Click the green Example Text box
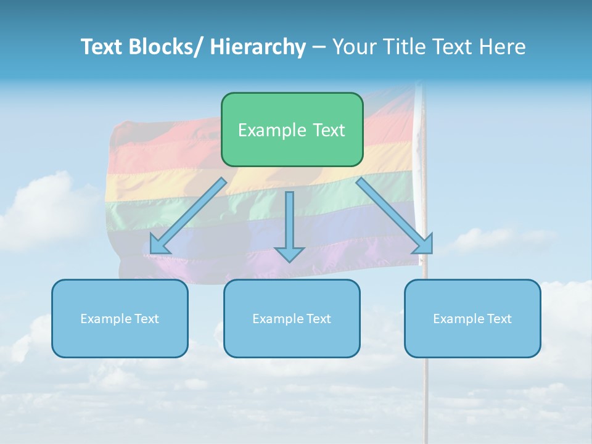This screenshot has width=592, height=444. click(x=292, y=129)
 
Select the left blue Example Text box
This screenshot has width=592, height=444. click(x=120, y=318)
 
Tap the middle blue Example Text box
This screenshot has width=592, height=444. click(x=292, y=318)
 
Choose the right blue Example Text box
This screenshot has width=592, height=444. click(x=472, y=318)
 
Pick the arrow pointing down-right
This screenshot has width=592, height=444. click(x=395, y=216)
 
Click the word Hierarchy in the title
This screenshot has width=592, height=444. click(x=258, y=47)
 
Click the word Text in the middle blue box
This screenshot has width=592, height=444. click(x=318, y=318)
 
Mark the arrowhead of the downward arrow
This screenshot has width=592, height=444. click(x=289, y=253)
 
